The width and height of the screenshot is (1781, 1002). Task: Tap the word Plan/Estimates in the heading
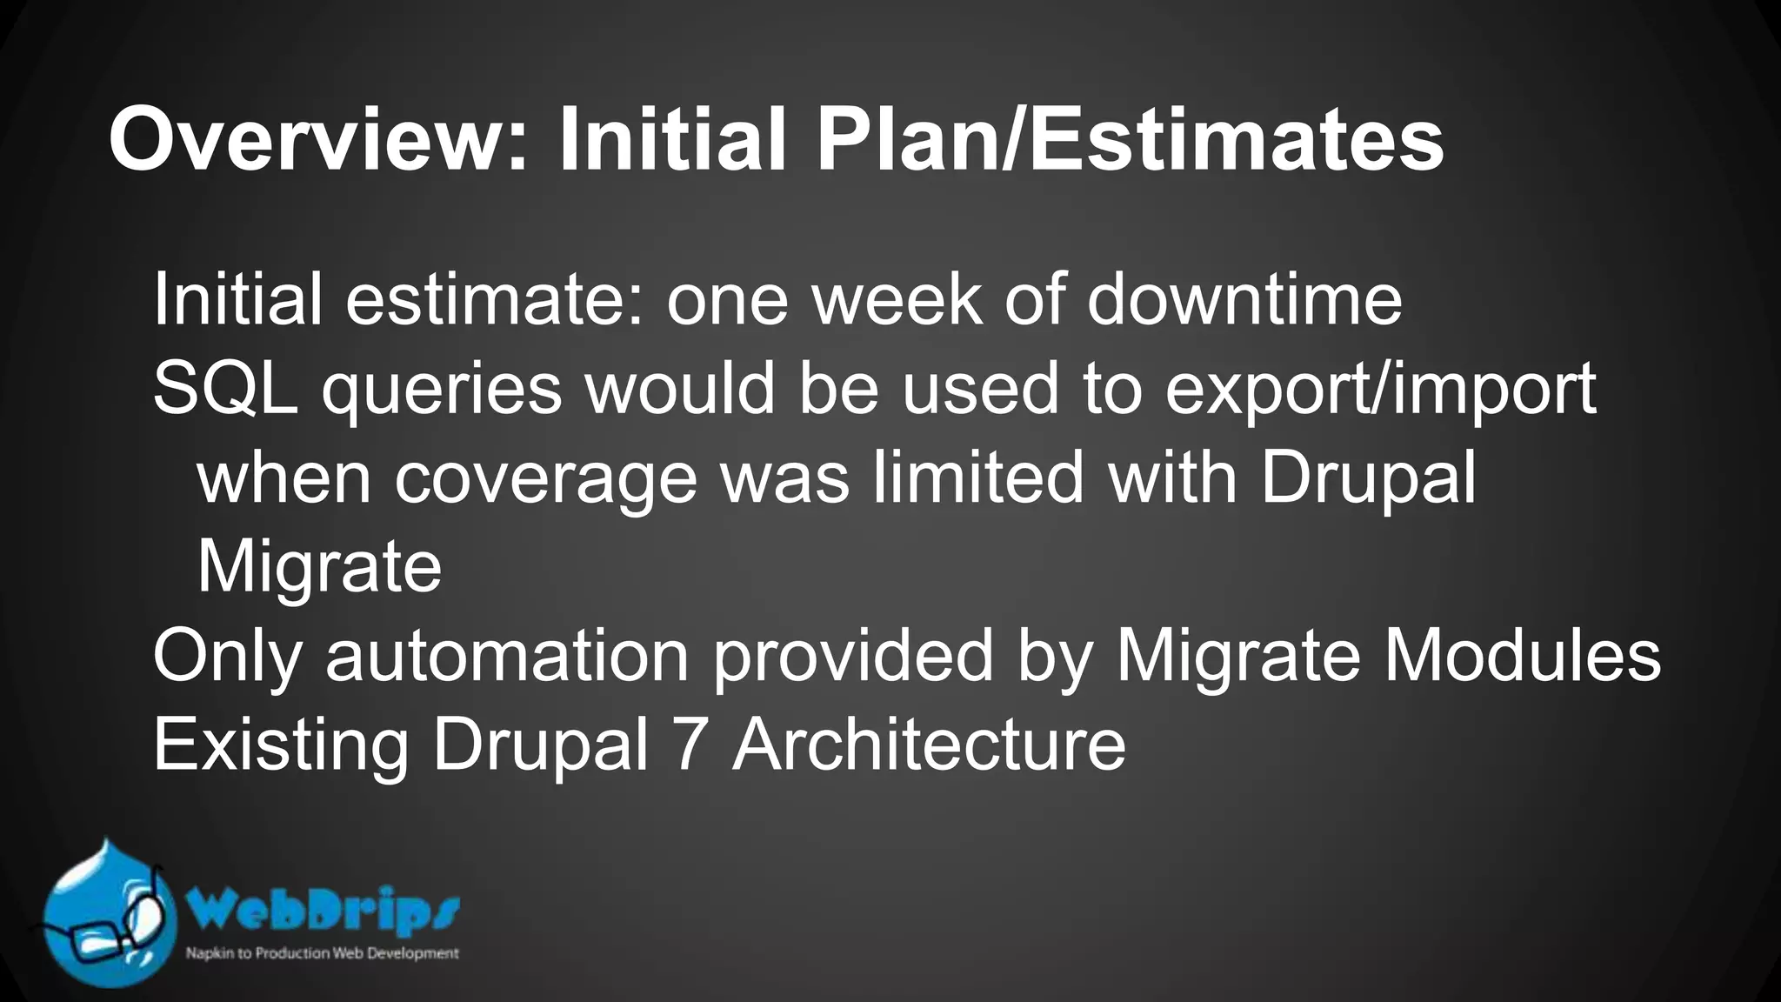click(x=1130, y=140)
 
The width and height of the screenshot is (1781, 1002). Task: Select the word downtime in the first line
click(x=1244, y=300)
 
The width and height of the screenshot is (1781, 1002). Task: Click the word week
click(x=897, y=300)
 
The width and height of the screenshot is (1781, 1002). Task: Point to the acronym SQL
click(x=225, y=389)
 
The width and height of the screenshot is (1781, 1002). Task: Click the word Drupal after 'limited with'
click(x=1368, y=479)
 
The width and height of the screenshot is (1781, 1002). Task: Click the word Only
click(x=227, y=658)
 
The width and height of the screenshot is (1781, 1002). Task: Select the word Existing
click(x=281, y=746)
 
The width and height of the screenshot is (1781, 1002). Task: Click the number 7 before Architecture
click(x=690, y=745)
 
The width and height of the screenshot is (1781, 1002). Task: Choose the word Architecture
click(x=929, y=745)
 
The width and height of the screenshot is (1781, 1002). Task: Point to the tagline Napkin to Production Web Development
click(x=322, y=954)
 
